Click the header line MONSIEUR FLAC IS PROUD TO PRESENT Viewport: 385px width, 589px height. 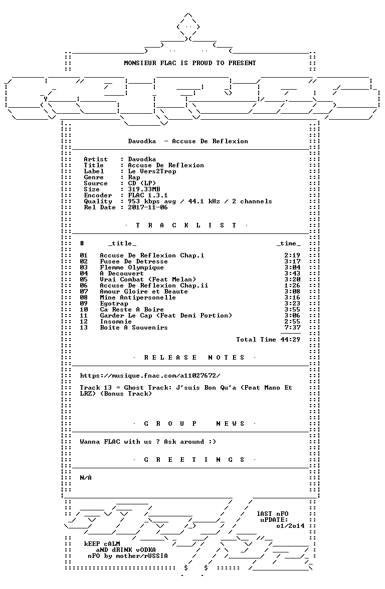click(190, 63)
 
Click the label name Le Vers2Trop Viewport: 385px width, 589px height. click(152, 171)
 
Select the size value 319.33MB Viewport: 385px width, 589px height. click(144, 189)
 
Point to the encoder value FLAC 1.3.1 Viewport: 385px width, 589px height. click(148, 195)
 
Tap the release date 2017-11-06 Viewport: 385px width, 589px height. click(148, 207)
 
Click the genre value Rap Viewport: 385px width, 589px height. click(134, 177)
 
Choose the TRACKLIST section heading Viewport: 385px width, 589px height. click(186, 225)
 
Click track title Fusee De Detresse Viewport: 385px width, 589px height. click(134, 261)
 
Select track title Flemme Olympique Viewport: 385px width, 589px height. click(131, 267)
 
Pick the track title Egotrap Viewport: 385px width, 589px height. click(113, 304)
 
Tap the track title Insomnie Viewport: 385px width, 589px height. click(116, 322)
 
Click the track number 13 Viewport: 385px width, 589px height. click(83, 328)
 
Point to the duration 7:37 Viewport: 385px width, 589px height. click(292, 328)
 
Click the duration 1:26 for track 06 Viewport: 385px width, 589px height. click(292, 285)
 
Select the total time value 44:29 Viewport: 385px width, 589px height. click(290, 340)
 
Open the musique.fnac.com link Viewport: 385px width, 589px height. click(150, 376)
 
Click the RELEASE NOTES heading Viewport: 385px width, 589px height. click(194, 358)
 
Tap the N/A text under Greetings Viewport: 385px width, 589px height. click(86, 478)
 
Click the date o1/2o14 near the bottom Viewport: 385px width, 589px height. click(290, 526)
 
